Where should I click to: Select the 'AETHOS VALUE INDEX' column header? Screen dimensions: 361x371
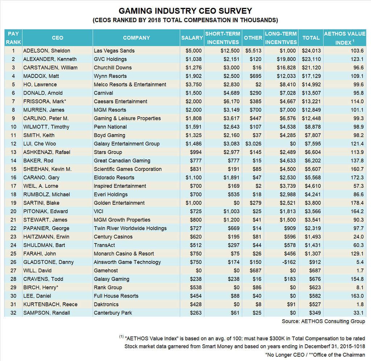tap(345, 38)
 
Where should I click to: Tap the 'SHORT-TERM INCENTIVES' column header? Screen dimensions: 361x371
tap(223, 38)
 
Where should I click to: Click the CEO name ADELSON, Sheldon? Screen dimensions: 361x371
tap(47, 51)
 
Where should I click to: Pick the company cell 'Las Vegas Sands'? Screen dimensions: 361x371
tap(114, 51)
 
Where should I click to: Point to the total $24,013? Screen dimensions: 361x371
tap(312, 51)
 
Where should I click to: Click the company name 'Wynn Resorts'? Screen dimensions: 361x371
tap(110, 76)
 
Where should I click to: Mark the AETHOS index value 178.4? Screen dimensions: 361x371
tap(357, 203)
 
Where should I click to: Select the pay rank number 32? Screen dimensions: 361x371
tap(13, 313)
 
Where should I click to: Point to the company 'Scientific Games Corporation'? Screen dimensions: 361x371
tap(128, 169)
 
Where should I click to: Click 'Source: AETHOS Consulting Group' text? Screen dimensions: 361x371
tap(323, 321)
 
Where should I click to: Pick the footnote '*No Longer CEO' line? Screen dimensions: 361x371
tap(315, 354)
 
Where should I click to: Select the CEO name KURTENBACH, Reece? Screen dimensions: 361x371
tap(50, 304)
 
